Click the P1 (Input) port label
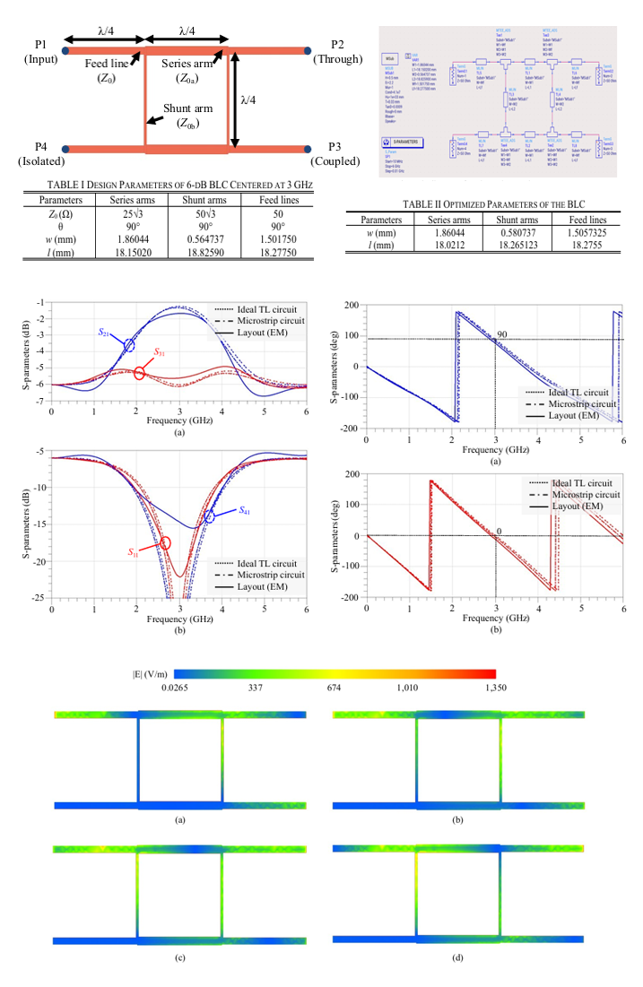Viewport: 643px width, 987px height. pos(39,51)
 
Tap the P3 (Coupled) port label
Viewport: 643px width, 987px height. pos(335,153)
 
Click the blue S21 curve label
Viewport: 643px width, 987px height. pos(105,332)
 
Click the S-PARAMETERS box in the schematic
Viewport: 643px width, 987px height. pos(408,143)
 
